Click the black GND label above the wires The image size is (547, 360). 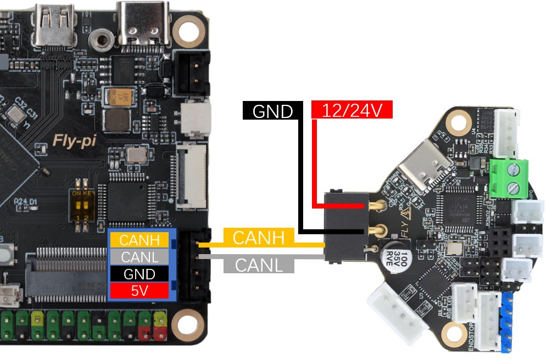click(x=272, y=111)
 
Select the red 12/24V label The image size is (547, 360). click(x=351, y=110)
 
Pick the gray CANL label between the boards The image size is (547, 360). click(x=259, y=265)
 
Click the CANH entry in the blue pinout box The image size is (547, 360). click(x=139, y=240)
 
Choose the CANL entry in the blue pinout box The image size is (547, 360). click(x=139, y=256)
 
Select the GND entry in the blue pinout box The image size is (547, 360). click(x=139, y=273)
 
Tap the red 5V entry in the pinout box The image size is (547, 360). click(x=139, y=290)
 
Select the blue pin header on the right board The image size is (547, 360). click(x=506, y=321)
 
